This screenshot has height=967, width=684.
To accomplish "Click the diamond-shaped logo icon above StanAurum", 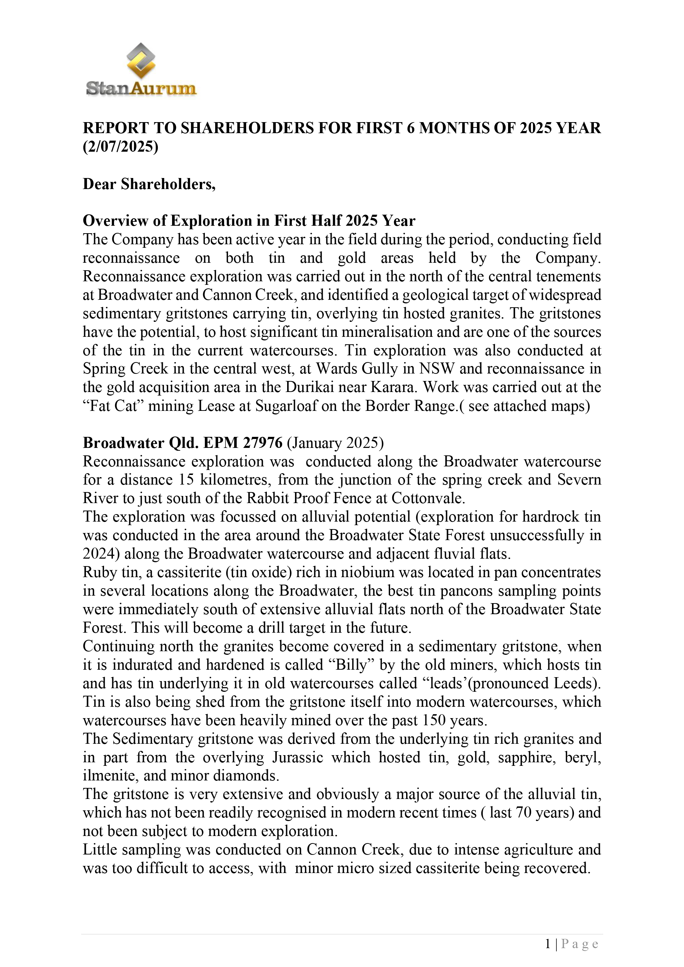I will (x=141, y=60).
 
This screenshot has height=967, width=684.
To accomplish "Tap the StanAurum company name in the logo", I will (x=141, y=88).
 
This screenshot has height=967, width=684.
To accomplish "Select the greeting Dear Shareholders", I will (x=149, y=184).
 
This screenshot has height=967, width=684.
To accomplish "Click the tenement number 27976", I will (x=263, y=443).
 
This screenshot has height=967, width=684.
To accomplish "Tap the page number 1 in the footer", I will (x=548, y=944).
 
